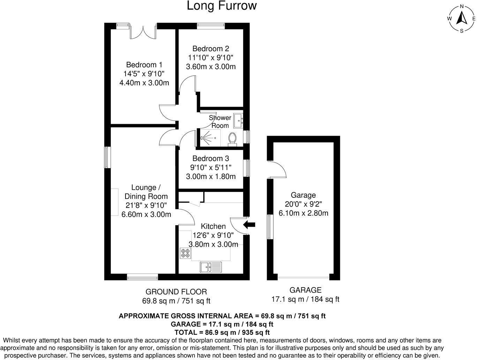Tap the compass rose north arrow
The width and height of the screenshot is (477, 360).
point(462,18)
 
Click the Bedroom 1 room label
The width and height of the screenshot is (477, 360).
point(144,65)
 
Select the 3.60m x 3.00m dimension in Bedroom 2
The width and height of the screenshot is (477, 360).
point(211,67)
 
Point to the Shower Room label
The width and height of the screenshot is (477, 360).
point(220,122)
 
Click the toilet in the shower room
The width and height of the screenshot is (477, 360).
point(232,139)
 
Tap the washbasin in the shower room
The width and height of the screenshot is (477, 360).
point(238,120)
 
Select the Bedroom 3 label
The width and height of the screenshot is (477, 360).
point(211,158)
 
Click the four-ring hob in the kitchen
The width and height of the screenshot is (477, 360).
point(185,253)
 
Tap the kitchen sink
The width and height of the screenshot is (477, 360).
point(211,267)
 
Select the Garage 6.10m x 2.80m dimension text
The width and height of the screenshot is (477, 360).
point(303,213)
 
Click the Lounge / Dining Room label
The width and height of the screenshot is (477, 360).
point(146,192)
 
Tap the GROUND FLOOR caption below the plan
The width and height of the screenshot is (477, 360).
point(176,292)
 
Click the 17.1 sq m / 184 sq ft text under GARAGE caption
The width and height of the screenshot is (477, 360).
point(305,299)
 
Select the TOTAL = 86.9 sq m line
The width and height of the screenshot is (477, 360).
point(222,332)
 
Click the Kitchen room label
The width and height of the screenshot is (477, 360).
point(213,226)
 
